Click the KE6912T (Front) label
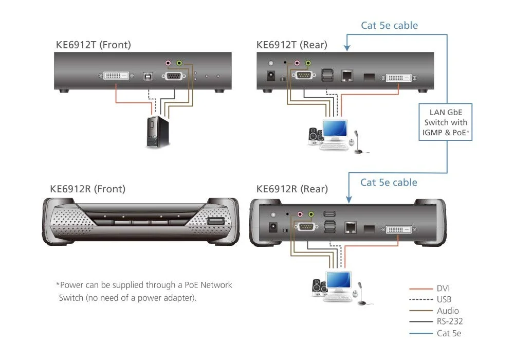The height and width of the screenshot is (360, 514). (x=93, y=45)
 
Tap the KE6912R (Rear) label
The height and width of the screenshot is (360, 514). (x=291, y=189)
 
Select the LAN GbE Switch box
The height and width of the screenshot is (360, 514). (x=445, y=122)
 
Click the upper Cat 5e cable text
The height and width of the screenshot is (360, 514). (x=389, y=25)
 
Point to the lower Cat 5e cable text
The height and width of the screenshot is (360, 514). (x=389, y=182)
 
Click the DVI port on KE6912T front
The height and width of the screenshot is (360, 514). (x=114, y=76)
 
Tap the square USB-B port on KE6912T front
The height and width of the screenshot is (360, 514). (x=147, y=76)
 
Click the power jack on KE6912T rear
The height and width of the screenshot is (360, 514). (x=268, y=77)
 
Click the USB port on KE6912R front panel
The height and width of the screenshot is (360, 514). (x=215, y=222)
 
